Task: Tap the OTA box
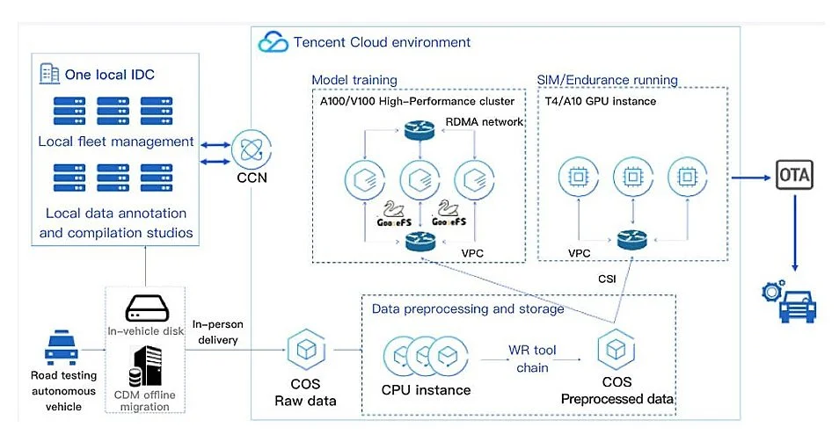794,176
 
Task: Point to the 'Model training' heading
354,80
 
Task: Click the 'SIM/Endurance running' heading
607,80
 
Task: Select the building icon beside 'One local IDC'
50,72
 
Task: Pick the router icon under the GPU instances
631,237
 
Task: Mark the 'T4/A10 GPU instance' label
599,101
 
